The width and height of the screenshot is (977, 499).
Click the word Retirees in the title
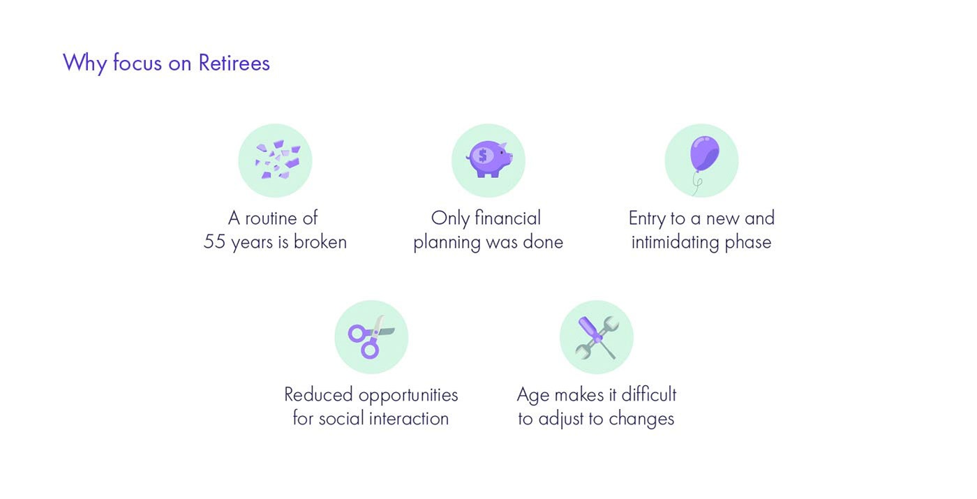click(234, 63)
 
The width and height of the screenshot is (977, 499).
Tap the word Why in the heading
click(85, 64)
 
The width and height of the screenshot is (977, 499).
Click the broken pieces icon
click(278, 160)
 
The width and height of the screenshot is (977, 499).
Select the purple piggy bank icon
click(489, 159)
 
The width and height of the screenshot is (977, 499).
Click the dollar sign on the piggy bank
click(482, 155)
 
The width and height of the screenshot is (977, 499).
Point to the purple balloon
click(704, 154)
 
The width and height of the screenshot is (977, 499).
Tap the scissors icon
click(371, 337)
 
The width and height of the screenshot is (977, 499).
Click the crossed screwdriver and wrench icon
click(597, 337)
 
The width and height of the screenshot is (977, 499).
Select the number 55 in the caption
click(214, 242)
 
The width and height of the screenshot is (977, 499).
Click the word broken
click(320, 241)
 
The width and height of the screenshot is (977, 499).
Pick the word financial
click(507, 218)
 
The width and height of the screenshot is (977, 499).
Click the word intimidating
click(675, 243)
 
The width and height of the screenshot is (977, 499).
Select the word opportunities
click(408, 396)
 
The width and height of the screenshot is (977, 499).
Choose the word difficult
click(648, 394)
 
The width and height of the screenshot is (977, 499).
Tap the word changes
click(641, 419)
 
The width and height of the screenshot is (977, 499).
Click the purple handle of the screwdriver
click(587, 327)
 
